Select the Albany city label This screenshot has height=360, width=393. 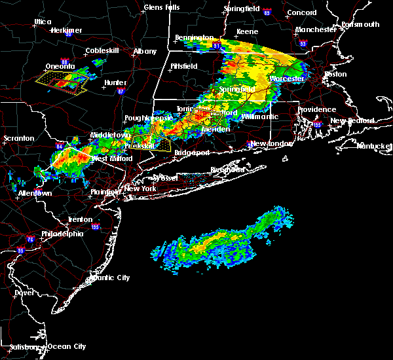coord(145,51)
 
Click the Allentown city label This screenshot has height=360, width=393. coord(34,194)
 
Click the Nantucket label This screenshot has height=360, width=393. coord(375,145)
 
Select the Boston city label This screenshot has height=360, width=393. coord(335,74)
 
